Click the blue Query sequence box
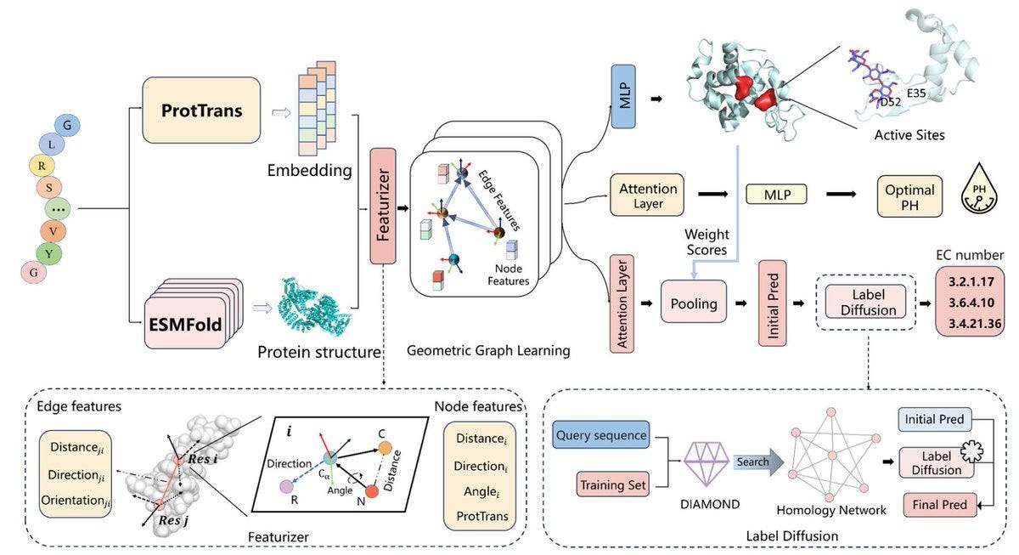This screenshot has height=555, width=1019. (x=600, y=434)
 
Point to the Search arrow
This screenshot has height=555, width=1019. (x=754, y=462)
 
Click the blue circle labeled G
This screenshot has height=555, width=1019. (x=68, y=126)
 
